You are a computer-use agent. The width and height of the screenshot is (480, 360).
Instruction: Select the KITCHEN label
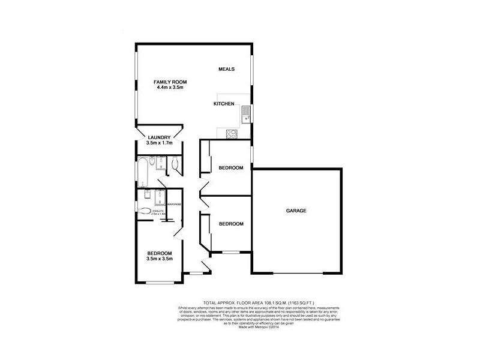point(224,104)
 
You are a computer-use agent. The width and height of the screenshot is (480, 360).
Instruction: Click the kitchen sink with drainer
point(245,113)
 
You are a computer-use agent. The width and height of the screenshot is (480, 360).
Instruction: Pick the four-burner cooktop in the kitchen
point(230,134)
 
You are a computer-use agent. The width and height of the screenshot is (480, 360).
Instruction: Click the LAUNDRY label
point(160,137)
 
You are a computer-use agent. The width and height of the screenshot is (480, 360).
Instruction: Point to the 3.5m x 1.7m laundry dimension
point(160,143)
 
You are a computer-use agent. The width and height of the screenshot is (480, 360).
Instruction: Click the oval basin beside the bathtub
point(153,161)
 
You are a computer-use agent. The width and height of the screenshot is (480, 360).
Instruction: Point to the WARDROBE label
point(174,205)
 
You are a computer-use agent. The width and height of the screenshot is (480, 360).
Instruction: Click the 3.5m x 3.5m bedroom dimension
point(160,259)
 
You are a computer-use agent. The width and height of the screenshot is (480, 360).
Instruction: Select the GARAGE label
point(296,211)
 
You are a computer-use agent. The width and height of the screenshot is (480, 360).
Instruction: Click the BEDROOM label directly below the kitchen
point(231,168)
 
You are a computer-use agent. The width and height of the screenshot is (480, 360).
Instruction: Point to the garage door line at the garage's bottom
point(296,274)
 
